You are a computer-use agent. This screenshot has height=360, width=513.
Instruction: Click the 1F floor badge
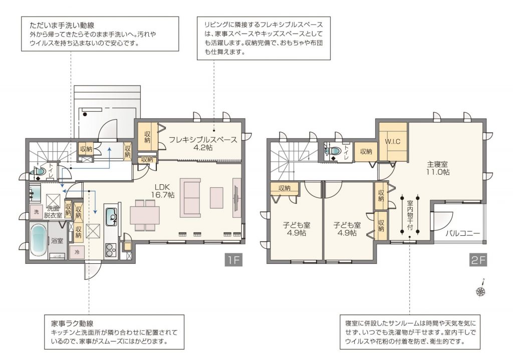tap(233, 260)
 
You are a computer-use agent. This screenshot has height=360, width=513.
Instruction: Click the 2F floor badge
tap(478, 260)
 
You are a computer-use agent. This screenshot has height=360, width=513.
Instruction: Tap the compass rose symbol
tap(481, 290)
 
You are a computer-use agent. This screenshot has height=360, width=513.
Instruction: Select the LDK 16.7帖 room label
tap(162, 191)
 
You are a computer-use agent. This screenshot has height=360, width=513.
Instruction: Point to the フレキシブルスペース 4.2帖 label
tap(203, 144)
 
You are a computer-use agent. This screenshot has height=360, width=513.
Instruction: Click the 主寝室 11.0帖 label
tap(437, 168)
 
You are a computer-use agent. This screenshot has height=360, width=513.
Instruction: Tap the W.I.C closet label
tap(393, 142)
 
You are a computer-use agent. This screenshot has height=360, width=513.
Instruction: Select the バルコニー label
tap(462, 233)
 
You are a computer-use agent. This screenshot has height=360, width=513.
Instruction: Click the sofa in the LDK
tap(190, 198)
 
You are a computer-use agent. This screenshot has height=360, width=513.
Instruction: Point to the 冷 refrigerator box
tap(77, 252)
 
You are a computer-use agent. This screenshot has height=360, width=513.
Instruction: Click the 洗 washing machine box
tap(36, 212)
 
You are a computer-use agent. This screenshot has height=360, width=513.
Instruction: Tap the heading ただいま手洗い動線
tap(62, 25)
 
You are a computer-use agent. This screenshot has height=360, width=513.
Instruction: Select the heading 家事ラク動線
tap(72, 323)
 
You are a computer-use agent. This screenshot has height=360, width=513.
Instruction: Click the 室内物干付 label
tap(410, 216)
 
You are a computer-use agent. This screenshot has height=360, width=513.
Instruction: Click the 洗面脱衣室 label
tap(53, 212)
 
